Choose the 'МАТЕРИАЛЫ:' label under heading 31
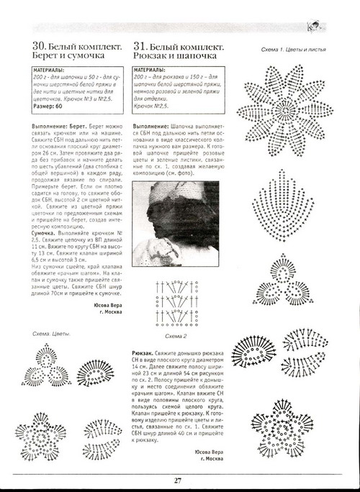[153, 73]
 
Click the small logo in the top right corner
[333, 26]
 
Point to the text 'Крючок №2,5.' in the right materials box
[155, 106]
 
